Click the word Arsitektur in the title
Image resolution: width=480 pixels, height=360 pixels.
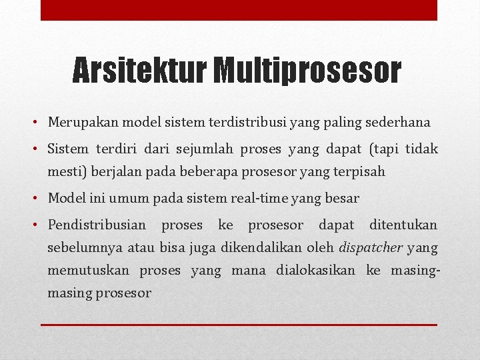click(140, 71)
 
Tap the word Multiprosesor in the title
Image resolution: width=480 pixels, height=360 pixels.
click(307, 71)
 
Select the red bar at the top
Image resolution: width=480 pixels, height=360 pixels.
click(239, 10)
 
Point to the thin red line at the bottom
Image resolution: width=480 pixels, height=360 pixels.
click(239, 325)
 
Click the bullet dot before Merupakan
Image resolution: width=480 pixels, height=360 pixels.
click(41, 123)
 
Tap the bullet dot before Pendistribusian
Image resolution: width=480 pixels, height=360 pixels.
click(41, 225)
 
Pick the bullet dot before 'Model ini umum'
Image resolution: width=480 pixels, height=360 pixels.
click(41, 199)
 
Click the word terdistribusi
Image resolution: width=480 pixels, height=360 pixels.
click(245, 123)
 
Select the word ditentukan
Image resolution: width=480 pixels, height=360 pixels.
click(403, 225)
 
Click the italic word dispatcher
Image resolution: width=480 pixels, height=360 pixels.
click(371, 248)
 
